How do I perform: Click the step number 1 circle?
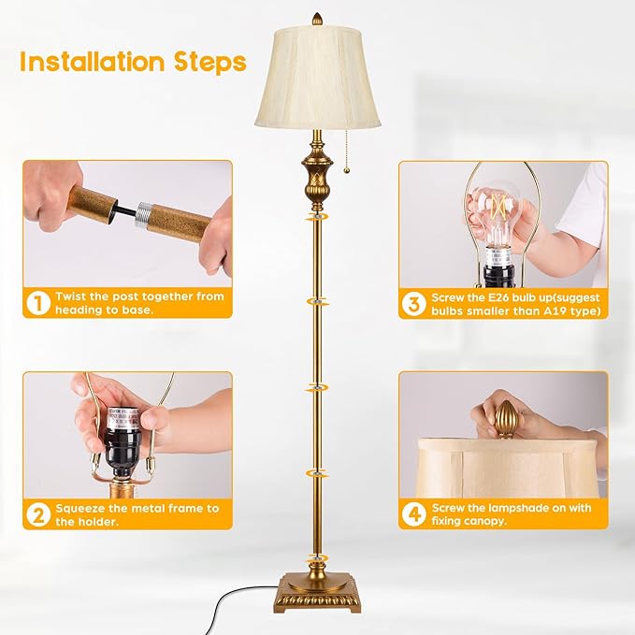pos(37,302)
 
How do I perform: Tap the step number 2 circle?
pos(37,514)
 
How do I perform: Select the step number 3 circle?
pos(414,303)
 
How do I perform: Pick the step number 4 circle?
pos(414,514)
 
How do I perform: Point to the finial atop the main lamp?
pos(316,19)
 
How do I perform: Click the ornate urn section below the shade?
pos(317,173)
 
